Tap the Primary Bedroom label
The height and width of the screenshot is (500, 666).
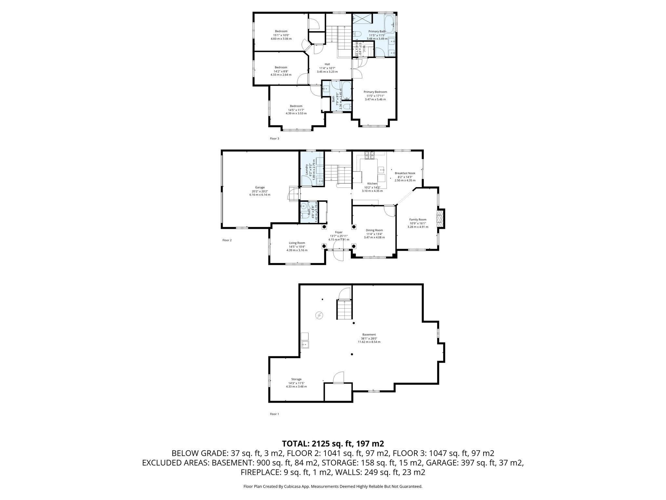pos(375,92)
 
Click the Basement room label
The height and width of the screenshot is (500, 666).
pos(369,335)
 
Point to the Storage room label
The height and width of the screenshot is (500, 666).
pos(296,379)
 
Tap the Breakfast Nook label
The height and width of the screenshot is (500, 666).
pos(405,173)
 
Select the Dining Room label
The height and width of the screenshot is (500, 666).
pos(374,230)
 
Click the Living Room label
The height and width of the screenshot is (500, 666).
pos(297,243)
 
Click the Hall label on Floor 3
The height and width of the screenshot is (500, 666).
pos(327,64)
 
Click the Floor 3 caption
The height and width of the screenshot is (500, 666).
pos(274,139)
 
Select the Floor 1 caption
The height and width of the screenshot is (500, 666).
pos(274,414)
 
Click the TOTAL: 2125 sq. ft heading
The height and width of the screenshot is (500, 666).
pos(333,443)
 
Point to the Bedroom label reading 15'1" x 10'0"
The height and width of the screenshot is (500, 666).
pos(281,31)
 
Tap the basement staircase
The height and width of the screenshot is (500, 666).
pos(344,310)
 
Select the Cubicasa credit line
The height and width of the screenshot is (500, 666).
pos(333,486)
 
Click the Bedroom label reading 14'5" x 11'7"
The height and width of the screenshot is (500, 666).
pos(296,106)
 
